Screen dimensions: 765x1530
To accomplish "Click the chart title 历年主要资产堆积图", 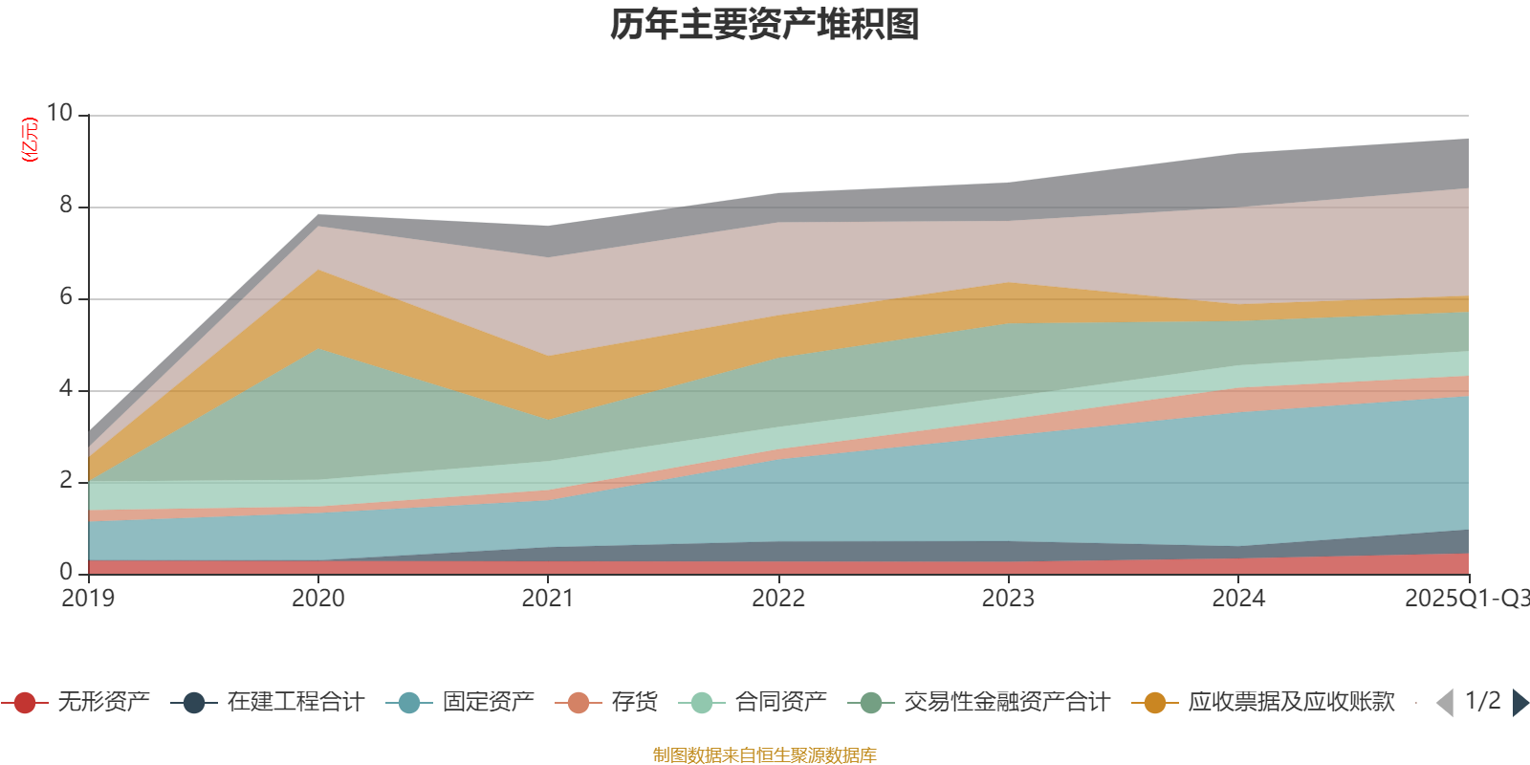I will [765, 25].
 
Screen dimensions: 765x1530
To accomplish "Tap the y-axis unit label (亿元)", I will [30, 140].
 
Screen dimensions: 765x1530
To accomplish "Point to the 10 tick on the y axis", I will [59, 113].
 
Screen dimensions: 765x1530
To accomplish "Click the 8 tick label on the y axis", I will [65, 205].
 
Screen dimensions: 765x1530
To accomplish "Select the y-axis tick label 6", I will [65, 296].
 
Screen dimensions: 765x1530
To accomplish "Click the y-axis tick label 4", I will [65, 388].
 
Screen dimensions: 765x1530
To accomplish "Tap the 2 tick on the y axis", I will [65, 480].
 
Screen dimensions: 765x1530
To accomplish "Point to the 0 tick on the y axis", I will [65, 572].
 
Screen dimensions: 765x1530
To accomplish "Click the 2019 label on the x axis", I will [88, 599].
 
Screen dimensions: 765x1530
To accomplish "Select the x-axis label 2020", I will [317, 599].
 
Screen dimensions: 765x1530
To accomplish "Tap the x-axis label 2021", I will [547, 599].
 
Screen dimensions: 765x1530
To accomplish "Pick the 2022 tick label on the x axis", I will [777, 599].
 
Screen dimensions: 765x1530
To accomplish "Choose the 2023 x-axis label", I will [1008, 599].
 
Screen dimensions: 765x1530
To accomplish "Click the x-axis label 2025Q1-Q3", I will [1465, 599].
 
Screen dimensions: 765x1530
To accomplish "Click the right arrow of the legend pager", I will [1520, 703].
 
